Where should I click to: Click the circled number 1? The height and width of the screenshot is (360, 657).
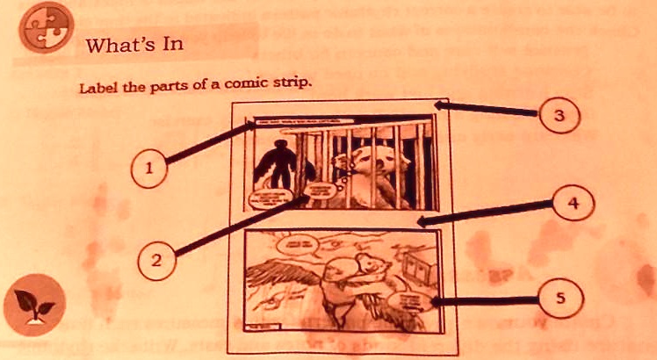click(148, 168)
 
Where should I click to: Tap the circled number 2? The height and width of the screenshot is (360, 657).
click(155, 259)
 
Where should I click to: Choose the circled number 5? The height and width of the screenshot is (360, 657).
click(559, 299)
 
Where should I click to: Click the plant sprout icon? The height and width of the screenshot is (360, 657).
click(33, 309)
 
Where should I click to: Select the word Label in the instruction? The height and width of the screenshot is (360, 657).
click(96, 88)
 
